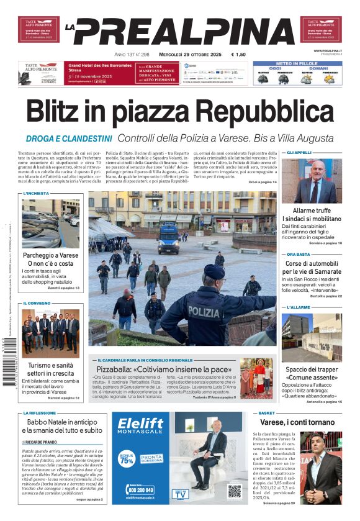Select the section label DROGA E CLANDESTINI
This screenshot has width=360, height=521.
point(69,138)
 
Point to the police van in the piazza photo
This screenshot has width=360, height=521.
point(169,239)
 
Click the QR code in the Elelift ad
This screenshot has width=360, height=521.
point(234,491)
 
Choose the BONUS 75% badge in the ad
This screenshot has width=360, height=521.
point(127,460)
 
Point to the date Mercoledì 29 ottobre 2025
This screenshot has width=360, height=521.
point(189,54)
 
